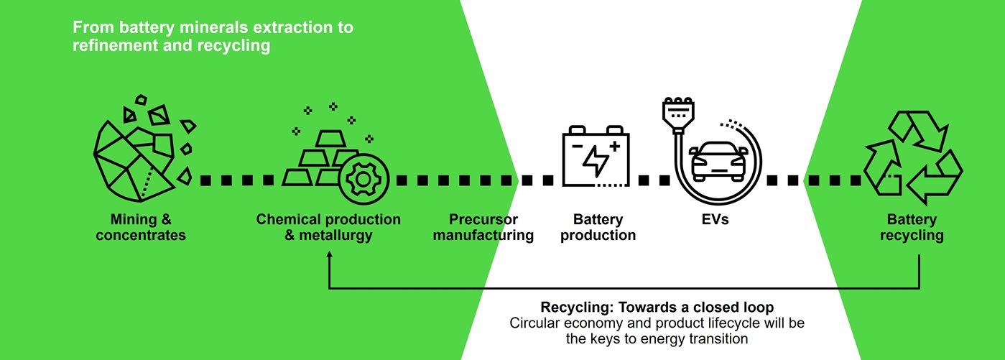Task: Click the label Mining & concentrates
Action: pos(142,227)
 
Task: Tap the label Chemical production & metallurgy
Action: pos(328,227)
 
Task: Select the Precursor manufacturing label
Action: pos(483,227)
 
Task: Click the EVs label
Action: pos(715,219)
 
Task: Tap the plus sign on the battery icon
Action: pos(614,147)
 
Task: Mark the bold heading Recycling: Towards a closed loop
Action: pos(657,305)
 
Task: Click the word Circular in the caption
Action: pos(533,323)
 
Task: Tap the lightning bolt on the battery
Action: pos(597,161)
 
